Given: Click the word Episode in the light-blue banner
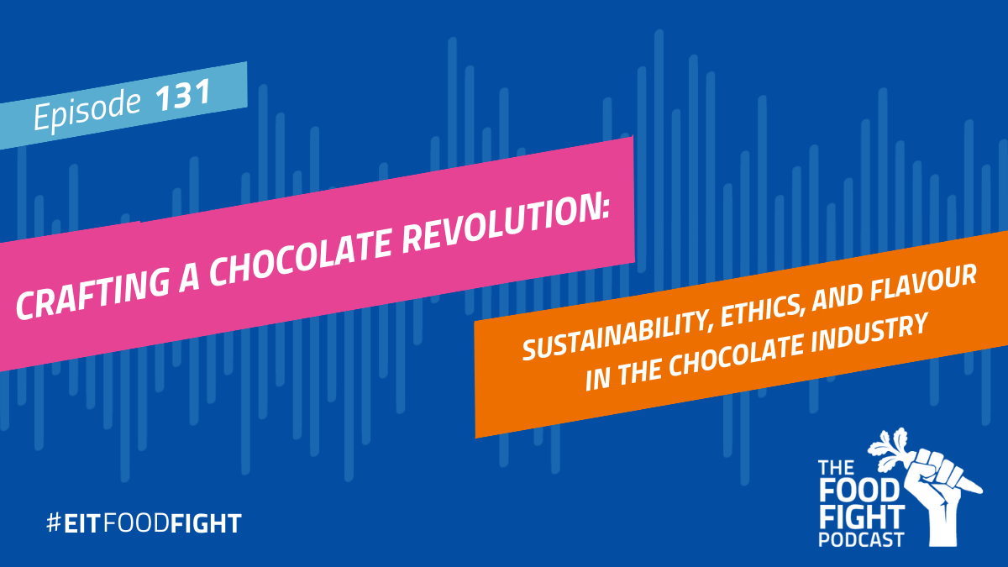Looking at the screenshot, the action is coord(87,110).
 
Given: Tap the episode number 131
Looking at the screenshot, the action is coord(183,96).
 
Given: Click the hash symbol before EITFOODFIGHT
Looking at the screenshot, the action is coord(54,522).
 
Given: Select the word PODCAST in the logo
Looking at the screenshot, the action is coord(861,539).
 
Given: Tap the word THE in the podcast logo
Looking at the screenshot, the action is coord(836,468).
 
